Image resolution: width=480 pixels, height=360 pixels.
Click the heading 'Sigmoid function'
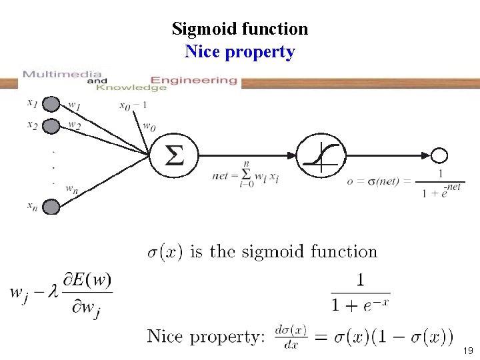pyautogui.click(x=240, y=29)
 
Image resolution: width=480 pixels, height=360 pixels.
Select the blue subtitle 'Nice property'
pyautogui.click(x=240, y=51)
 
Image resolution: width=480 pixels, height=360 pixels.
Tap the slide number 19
pyautogui.click(x=469, y=350)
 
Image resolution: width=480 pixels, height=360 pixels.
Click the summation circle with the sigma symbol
pyautogui.click(x=174, y=156)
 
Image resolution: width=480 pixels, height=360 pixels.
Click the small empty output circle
pyautogui.click(x=439, y=156)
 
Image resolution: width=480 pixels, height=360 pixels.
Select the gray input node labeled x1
pyautogui.click(x=51, y=105)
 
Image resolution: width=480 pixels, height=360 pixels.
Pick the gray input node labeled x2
pyautogui.click(x=51, y=125)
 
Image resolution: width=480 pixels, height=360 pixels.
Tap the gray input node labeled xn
pyautogui.click(x=51, y=207)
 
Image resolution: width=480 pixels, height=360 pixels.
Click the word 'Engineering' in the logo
pyautogui.click(x=193, y=80)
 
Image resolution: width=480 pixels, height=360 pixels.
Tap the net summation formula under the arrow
pyautogui.click(x=245, y=175)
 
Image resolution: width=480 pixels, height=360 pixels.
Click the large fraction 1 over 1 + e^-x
pyautogui.click(x=361, y=294)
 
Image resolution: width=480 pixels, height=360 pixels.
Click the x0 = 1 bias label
pyautogui.click(x=133, y=105)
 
